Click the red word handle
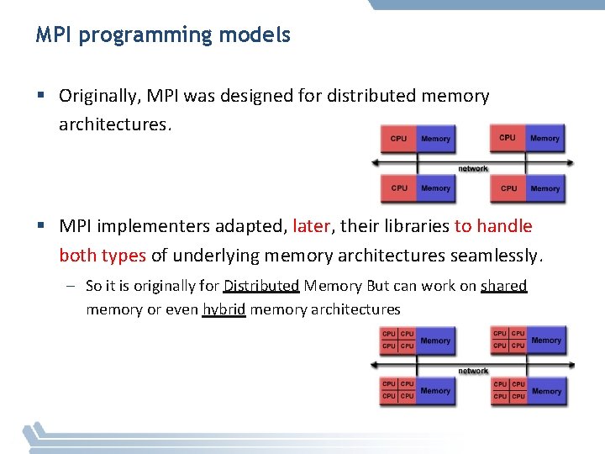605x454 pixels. [x=504, y=226]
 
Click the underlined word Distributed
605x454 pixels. [x=261, y=286]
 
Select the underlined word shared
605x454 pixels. [x=503, y=286]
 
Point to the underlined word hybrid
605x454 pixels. [x=224, y=309]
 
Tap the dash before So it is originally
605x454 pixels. [x=73, y=286]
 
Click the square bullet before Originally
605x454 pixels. [x=40, y=96]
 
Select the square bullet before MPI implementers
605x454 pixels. [x=40, y=226]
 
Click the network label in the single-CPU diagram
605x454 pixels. [x=472, y=168]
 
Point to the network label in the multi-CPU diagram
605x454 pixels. [x=472, y=370]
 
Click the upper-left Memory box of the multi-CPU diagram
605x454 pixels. [x=435, y=340]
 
